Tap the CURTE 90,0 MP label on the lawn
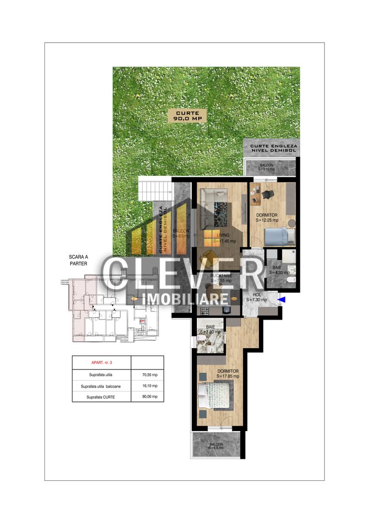coord(187,115)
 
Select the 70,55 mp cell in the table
coord(148,375)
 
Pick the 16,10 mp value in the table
coord(148,386)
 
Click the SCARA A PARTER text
coord(78,261)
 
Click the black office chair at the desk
coord(268,194)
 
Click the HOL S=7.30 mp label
coord(256,297)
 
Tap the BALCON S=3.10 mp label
coord(266,167)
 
